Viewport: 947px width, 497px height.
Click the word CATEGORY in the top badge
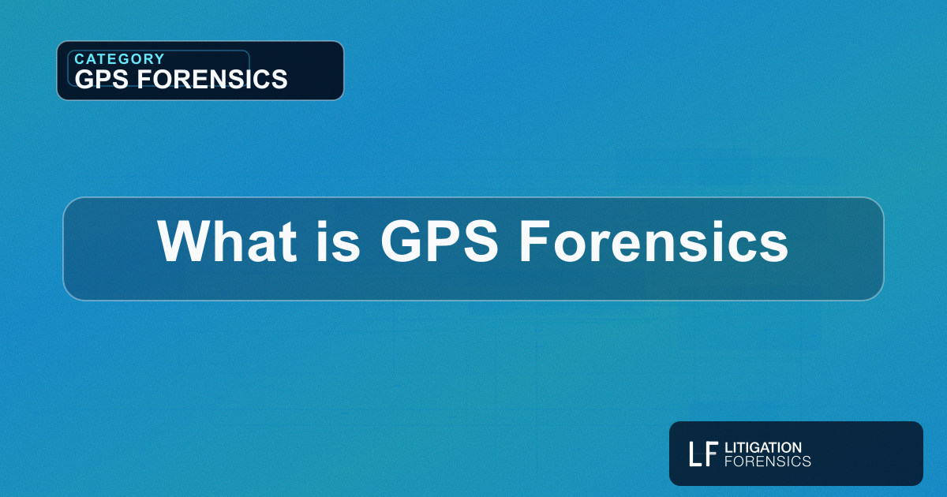tap(119, 59)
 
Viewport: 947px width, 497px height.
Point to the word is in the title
tap(330, 241)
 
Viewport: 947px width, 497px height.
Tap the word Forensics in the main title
tap(653, 241)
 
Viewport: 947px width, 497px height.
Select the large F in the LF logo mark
tap(711, 454)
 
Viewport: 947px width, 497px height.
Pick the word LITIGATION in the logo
tap(762, 447)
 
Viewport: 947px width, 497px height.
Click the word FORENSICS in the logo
tap(767, 461)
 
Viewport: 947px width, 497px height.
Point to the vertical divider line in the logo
tap(721, 454)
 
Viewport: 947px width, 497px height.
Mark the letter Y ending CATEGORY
tap(159, 59)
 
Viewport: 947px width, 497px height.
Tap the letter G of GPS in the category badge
tap(84, 78)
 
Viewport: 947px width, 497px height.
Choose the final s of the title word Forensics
tap(777, 246)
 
